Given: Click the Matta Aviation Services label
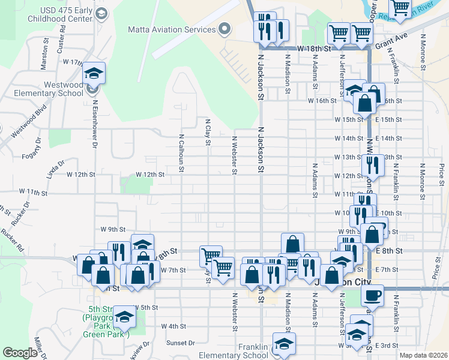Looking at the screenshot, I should click(171, 29).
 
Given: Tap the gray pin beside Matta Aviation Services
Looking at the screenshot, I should click(225, 29).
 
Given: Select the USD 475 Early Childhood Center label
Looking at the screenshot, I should click(66, 15).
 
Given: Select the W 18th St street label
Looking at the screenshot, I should click(315, 47).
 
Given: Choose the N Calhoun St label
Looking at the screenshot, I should click(181, 152).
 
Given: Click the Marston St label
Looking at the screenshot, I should click(44, 56).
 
